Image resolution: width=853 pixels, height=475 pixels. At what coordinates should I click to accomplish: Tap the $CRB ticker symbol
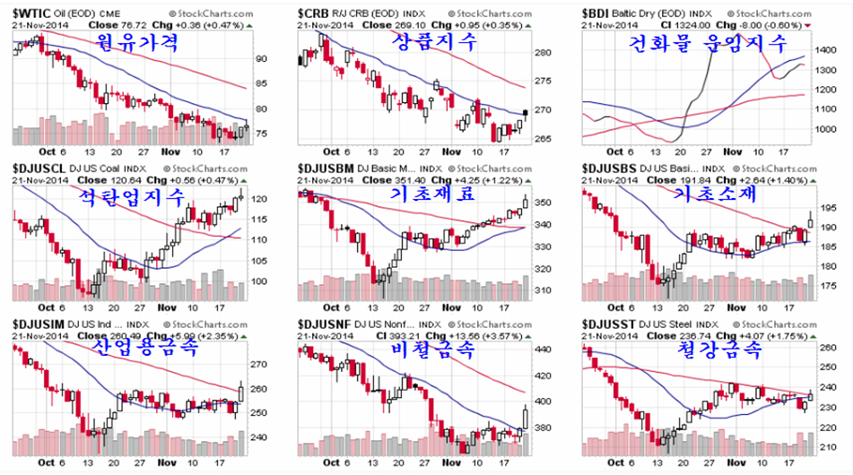316,13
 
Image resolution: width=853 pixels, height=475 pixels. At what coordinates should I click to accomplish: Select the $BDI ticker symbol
600,13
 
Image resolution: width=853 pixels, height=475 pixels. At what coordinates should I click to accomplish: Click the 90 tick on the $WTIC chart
262,58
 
